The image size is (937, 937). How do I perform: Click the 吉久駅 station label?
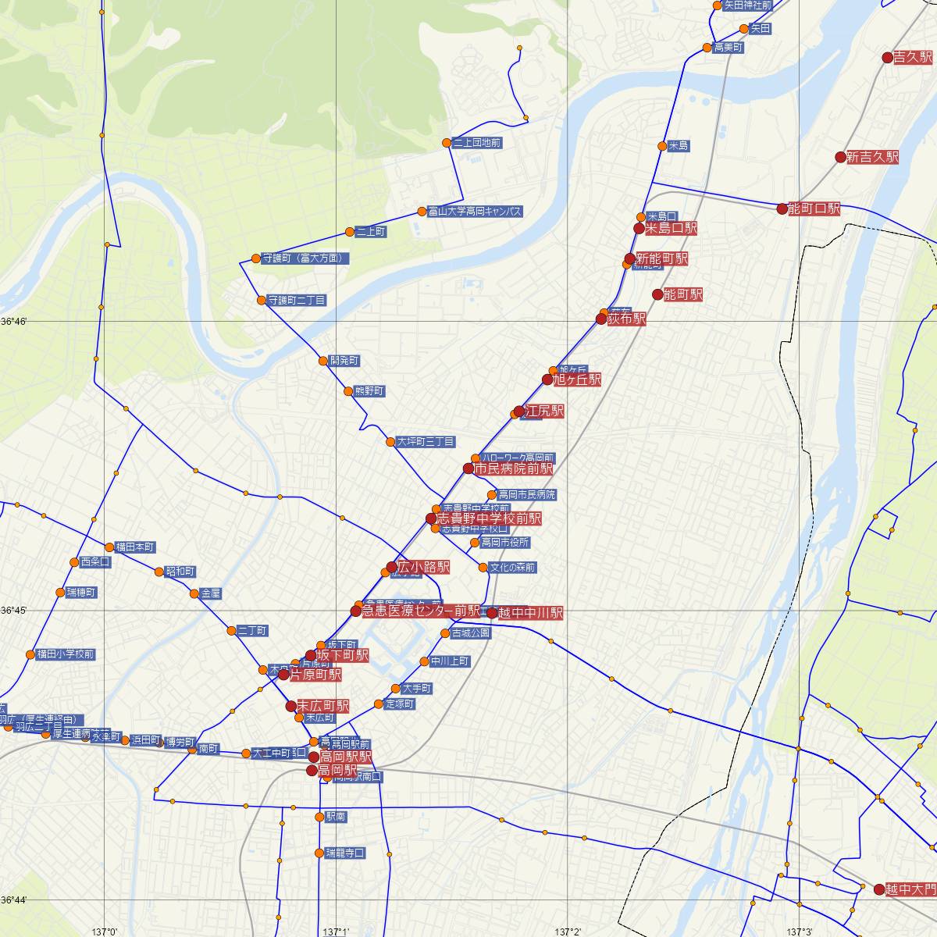point(914,57)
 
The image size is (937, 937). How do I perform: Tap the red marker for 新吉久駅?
point(841,157)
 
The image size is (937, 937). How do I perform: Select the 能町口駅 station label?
point(814,208)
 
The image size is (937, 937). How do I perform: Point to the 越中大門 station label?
point(910,889)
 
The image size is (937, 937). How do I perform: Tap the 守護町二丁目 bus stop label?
point(297,300)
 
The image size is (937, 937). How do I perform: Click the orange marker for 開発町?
point(323,361)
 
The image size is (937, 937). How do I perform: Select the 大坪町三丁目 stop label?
point(426,442)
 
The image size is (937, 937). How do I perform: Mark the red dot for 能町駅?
point(657,294)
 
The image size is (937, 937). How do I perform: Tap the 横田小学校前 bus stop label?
point(66,654)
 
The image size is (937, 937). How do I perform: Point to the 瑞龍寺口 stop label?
point(345,853)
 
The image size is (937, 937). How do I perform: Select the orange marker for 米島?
point(662,146)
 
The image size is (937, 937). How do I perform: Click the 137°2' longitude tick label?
point(568,931)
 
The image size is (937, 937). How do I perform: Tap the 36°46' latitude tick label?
point(14,321)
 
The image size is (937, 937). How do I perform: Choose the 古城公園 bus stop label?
point(470,633)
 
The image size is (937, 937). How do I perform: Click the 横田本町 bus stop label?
point(135,547)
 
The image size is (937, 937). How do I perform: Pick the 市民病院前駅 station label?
point(513,468)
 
